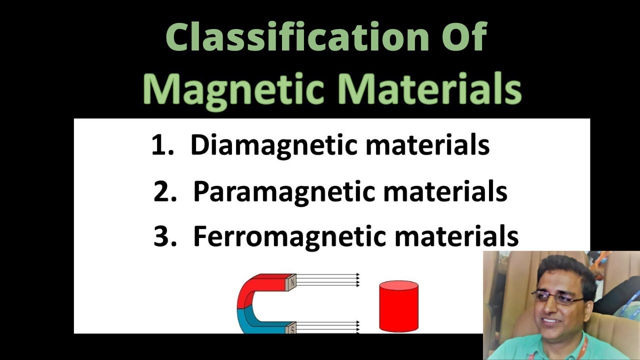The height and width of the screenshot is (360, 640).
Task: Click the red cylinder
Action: tap(398, 306)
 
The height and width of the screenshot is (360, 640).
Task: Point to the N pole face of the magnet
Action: tap(291, 282)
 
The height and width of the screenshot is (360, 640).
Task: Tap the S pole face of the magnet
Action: tap(291, 328)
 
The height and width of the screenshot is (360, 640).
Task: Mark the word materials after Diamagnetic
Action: tap(427, 145)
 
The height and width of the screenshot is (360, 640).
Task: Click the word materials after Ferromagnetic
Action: tap(456, 236)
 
